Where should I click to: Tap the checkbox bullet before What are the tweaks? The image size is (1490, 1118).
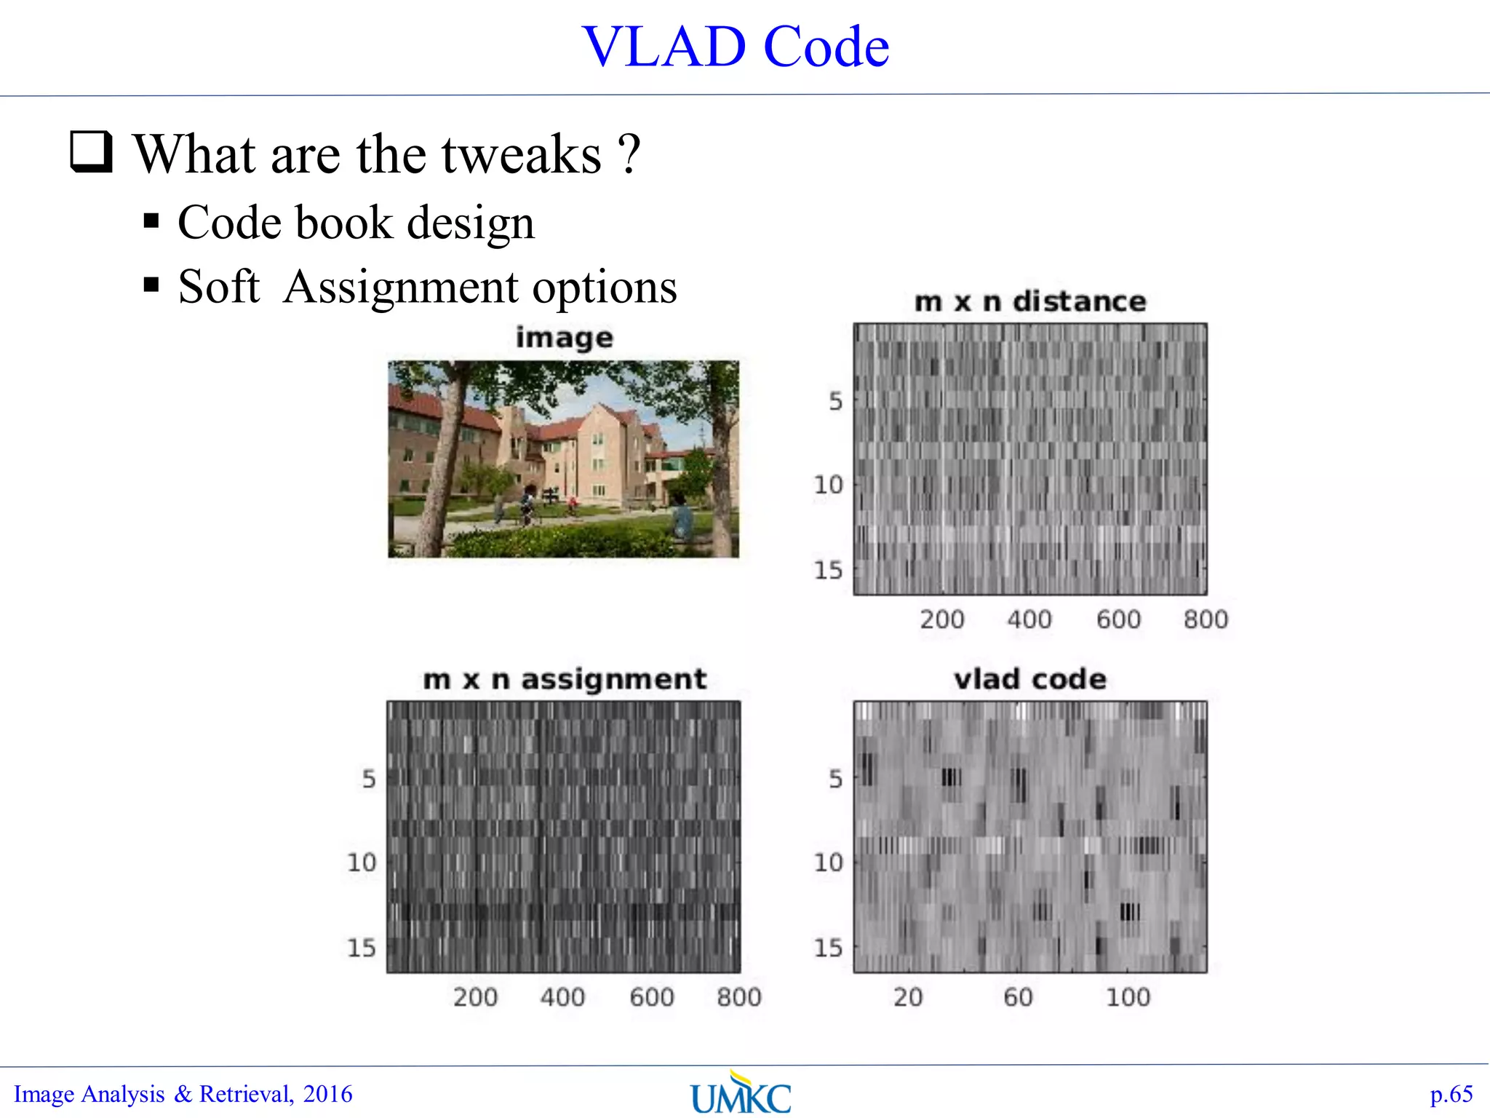click(92, 151)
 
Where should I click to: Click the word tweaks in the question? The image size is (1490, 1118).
click(522, 154)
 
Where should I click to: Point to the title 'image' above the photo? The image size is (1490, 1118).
click(564, 338)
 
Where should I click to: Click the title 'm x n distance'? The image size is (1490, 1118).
click(1029, 301)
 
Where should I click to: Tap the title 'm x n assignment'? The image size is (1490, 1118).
click(565, 679)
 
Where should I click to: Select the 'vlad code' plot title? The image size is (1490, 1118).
click(1029, 679)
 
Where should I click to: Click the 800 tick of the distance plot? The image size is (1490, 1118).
click(1205, 619)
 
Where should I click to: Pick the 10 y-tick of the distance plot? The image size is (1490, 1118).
click(828, 485)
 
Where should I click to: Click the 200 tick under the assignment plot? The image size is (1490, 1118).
click(475, 996)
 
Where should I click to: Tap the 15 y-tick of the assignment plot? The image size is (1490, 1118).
click(361, 948)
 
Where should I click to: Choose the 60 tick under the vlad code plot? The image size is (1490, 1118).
click(1018, 996)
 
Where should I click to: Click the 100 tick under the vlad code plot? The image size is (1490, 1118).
click(1128, 996)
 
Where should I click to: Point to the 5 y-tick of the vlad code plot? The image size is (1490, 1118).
click(835, 779)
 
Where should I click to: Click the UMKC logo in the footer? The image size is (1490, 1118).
click(741, 1094)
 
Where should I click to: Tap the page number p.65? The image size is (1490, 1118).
click(1451, 1094)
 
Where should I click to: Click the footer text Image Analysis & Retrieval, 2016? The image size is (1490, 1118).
click(183, 1094)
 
